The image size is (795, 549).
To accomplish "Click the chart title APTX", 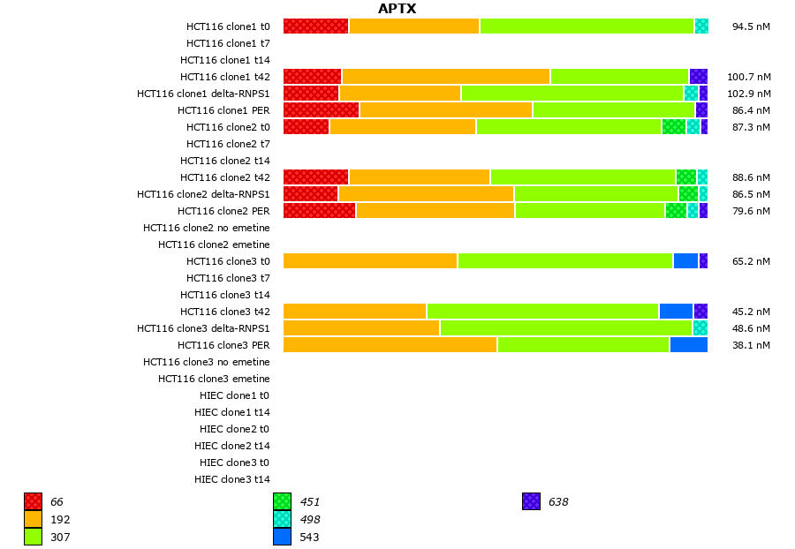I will [x=397, y=9].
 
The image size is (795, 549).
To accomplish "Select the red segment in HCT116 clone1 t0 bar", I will [x=316, y=26].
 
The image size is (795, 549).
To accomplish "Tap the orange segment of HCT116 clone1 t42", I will [x=446, y=77].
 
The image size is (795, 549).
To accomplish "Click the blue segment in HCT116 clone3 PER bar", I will [x=688, y=345].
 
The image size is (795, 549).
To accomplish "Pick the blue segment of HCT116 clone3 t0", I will [x=685, y=261].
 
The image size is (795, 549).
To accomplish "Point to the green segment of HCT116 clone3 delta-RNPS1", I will [x=565, y=328].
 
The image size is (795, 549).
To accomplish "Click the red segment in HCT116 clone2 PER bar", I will [x=320, y=211].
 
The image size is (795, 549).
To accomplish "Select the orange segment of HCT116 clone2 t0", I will [x=403, y=127].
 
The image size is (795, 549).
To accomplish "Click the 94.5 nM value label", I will [x=751, y=26].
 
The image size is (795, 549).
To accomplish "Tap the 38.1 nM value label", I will [x=751, y=345].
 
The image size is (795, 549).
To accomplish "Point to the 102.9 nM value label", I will [x=748, y=94].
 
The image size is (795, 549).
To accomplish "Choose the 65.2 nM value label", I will [x=751, y=261].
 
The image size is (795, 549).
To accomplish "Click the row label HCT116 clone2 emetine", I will [x=214, y=244].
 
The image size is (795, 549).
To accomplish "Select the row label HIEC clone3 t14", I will [x=232, y=479].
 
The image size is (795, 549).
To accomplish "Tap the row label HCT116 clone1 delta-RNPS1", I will [x=203, y=94].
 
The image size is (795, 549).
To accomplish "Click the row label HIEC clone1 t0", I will [x=234, y=395].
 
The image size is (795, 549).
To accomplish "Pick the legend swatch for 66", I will [x=34, y=502].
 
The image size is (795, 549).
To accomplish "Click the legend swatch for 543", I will [x=283, y=537].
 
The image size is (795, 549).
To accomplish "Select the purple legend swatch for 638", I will [x=532, y=502].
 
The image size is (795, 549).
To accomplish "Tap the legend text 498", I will [x=310, y=520].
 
